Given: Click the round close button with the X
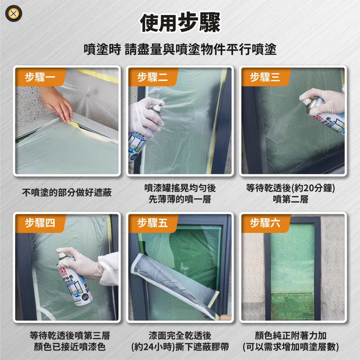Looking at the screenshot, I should click(x=13, y=14).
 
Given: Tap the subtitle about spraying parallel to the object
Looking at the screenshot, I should click(x=180, y=49).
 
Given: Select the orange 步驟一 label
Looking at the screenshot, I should click(x=40, y=77).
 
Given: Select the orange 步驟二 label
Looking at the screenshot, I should click(x=152, y=77).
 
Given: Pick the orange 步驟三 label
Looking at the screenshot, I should click(x=265, y=77).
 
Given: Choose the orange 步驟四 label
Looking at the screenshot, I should click(x=40, y=223).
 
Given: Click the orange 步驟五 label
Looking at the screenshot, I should click(x=152, y=223).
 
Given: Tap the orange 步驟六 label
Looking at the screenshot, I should click(x=265, y=223).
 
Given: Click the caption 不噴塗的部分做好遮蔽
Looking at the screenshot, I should click(x=67, y=193).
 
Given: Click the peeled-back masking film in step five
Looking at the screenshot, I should click(x=169, y=281).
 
